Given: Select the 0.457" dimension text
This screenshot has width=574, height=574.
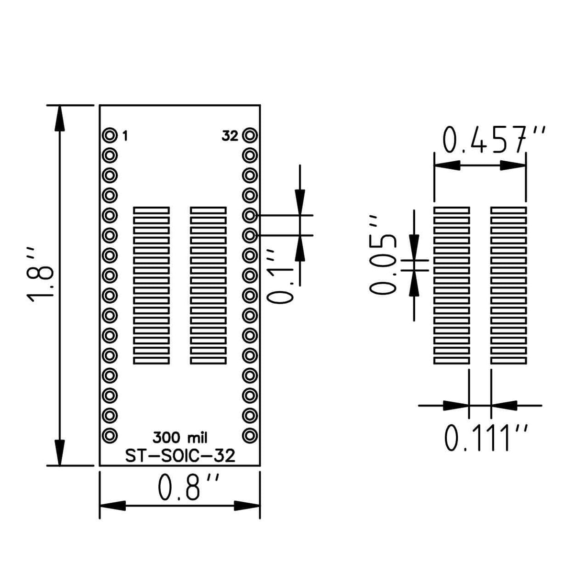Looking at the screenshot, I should click(493, 140).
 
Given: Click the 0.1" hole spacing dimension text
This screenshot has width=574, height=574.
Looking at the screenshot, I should click(279, 276).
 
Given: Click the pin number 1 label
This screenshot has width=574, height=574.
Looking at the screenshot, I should click(125, 136).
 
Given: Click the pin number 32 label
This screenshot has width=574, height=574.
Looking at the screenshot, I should click(230, 136).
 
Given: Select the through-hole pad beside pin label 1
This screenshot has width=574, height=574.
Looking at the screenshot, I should click(110, 136).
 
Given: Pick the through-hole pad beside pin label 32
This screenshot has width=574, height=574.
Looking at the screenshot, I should click(250, 136).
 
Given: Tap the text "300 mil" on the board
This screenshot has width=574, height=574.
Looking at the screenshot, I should click(180, 437).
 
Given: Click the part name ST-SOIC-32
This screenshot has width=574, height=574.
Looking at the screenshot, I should click(180, 456).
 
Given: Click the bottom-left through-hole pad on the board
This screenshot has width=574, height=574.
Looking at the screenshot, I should click(110, 435).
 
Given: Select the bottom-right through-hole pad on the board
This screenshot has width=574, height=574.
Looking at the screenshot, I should click(250, 435).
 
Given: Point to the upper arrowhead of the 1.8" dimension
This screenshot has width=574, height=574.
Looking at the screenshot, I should click(60, 118).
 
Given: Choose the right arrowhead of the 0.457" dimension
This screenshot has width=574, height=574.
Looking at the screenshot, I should click(513, 166).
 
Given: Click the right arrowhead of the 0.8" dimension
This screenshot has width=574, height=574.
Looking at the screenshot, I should click(247, 505).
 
